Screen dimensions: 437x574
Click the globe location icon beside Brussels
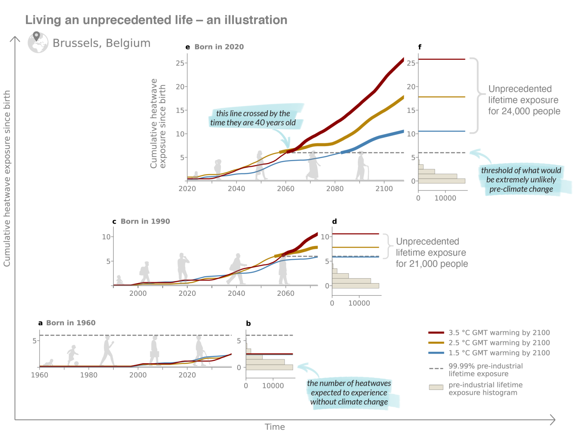38,42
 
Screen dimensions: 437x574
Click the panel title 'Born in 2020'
219,47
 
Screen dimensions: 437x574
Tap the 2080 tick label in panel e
335,189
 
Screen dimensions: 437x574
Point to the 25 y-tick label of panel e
180,63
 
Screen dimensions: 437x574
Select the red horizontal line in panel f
442,59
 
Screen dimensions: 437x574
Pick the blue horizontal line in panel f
442,131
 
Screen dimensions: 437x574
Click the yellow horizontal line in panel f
442,97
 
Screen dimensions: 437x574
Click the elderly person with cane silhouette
362,166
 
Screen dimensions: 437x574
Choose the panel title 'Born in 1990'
145,221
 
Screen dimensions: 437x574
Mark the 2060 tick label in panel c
285,294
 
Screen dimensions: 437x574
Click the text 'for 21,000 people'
432,264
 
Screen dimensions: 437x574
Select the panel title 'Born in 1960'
71,323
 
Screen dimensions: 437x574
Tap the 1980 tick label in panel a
89,375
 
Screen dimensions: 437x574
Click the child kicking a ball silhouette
72,355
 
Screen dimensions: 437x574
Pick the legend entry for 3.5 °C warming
499,333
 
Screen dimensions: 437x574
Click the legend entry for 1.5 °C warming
499,353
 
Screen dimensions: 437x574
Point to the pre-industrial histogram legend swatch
436,387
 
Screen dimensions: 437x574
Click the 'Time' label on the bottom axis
275,427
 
